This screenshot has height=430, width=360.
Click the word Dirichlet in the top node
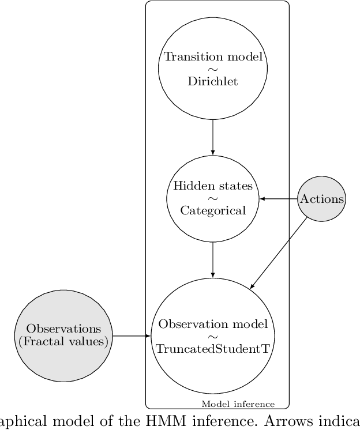tap(213, 81)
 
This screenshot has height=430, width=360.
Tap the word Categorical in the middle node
tap(213, 210)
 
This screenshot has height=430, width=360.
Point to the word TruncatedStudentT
tap(213, 349)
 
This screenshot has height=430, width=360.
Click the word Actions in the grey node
tap(321, 199)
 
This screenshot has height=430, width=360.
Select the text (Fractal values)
tap(63, 341)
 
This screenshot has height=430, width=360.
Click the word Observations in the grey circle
tap(63, 329)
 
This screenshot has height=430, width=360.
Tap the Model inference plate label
tap(238, 404)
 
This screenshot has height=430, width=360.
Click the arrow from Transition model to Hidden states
tap(213, 137)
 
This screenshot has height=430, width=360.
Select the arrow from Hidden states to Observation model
tap(213, 259)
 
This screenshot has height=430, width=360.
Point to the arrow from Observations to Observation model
tap(131, 335)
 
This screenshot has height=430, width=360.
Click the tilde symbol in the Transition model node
tap(213, 69)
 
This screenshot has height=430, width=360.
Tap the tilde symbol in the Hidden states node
tap(213, 199)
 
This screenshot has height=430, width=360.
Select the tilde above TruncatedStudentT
tap(213, 337)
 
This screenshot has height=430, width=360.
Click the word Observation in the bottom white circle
tap(186, 325)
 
